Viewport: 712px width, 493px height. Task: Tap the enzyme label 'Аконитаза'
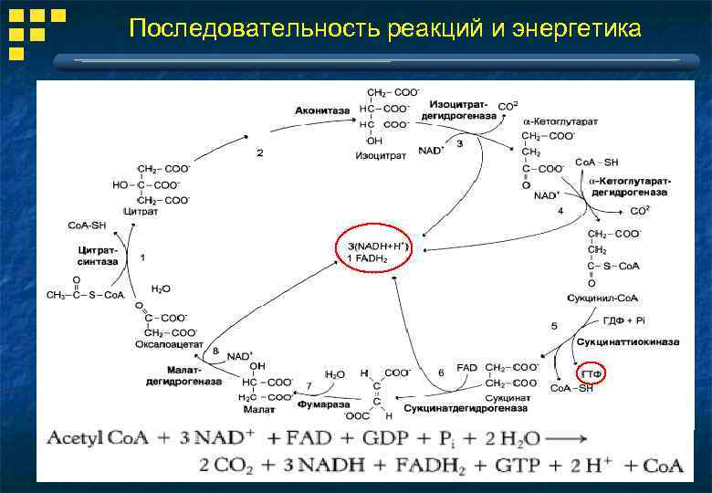[321, 110]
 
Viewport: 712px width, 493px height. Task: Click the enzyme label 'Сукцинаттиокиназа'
[628, 341]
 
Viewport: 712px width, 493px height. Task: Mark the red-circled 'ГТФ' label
[593, 373]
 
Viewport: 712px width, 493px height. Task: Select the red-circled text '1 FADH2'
[368, 258]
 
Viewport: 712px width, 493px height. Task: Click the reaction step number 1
[142, 257]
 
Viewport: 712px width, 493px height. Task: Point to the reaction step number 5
[554, 325]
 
